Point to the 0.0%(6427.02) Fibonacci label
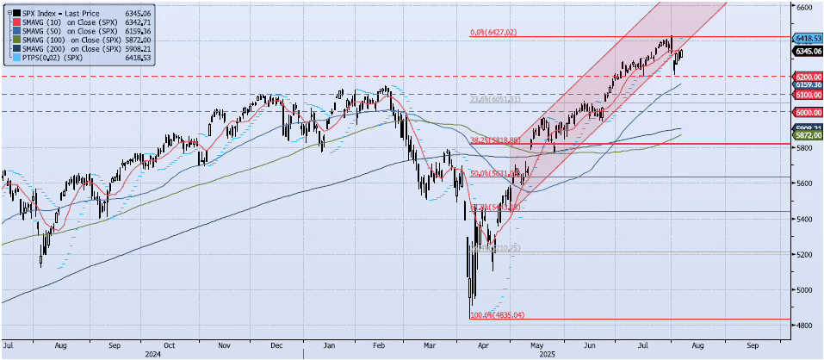(493, 34)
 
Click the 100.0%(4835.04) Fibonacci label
(497, 315)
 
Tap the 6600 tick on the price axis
(804, 6)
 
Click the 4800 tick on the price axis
(804, 326)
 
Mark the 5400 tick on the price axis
(804, 219)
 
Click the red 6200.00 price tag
(808, 77)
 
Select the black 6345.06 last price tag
(808, 51)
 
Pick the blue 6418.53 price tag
(808, 39)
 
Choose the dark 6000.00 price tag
(808, 112)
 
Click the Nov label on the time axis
(224, 344)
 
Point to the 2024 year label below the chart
(153, 353)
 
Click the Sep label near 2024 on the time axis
(115, 344)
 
